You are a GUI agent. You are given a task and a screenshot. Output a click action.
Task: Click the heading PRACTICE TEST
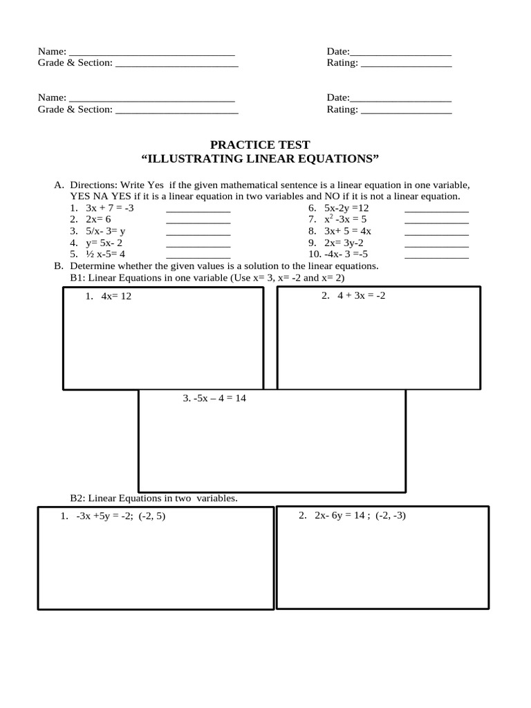260,145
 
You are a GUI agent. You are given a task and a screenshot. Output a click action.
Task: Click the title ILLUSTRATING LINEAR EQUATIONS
260,159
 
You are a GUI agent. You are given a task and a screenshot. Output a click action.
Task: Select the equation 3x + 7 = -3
109,207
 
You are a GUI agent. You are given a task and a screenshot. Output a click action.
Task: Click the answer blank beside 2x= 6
198,220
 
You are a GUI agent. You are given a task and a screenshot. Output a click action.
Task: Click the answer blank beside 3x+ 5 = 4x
436,232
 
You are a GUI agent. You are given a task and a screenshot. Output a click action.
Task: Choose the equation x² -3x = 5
346,219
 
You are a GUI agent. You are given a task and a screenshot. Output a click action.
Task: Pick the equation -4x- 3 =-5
345,254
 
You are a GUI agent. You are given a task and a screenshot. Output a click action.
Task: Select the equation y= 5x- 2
104,243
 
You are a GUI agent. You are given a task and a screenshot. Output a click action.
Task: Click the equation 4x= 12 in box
115,296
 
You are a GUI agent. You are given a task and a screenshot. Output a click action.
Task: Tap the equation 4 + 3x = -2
361,296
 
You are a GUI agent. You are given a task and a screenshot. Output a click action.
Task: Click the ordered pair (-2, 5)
152,516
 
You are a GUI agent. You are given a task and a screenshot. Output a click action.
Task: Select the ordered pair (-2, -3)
391,516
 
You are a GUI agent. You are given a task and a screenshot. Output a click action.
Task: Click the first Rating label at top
342,63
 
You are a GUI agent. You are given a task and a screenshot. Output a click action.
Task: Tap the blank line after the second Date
401,98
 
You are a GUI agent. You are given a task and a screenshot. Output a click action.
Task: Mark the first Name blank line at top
152,52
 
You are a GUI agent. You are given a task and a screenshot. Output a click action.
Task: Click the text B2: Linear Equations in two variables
153,498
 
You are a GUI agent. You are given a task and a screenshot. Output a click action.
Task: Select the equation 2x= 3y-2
344,243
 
